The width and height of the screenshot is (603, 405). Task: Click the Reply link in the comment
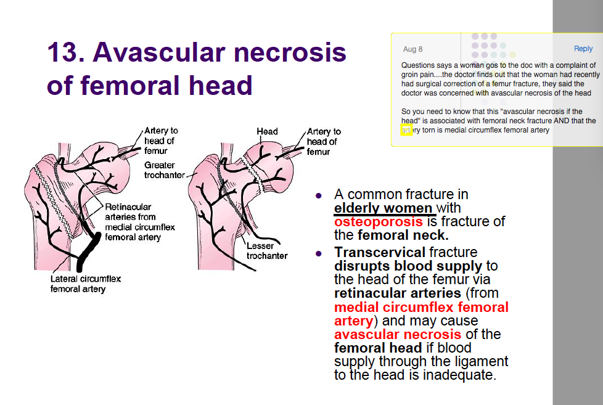[x=583, y=49]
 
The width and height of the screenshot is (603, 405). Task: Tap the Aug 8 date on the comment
[x=412, y=49]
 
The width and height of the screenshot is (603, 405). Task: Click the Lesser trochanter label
[x=267, y=251]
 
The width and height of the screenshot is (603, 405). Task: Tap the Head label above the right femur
[x=267, y=131]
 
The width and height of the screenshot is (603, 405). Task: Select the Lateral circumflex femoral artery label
[x=86, y=284]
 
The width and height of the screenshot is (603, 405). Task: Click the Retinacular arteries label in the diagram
[x=139, y=222]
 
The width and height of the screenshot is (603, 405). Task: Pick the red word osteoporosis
[x=379, y=222]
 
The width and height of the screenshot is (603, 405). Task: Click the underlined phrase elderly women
[x=384, y=208]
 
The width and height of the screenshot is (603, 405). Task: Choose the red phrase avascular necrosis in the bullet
[x=397, y=334]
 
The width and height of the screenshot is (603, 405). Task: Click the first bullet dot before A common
[x=319, y=196]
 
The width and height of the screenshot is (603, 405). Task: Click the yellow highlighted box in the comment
[x=406, y=131]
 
